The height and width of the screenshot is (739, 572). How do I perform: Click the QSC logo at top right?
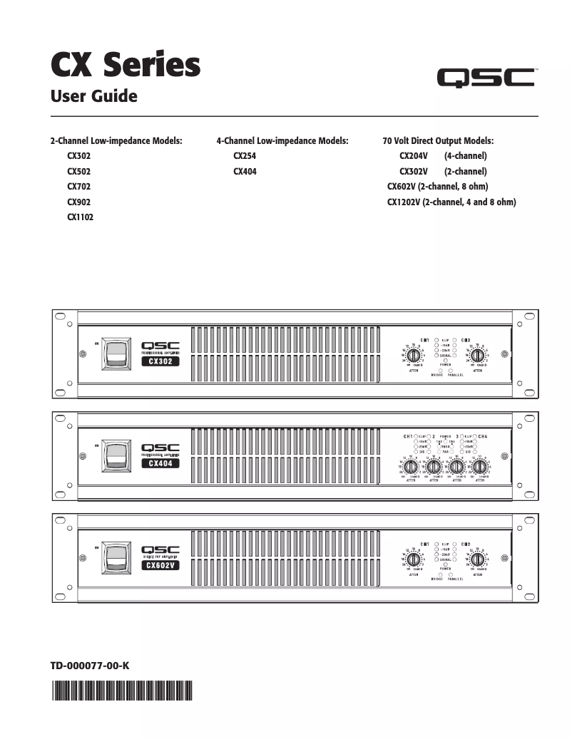click(x=486, y=78)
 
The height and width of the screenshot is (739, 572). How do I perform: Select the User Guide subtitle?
click(x=93, y=95)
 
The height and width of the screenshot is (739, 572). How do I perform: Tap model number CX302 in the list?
click(x=79, y=155)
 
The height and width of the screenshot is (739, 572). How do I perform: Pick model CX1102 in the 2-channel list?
click(x=81, y=217)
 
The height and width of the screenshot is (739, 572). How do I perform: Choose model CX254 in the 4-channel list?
click(x=245, y=155)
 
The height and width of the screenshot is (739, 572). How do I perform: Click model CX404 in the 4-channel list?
click(x=245, y=172)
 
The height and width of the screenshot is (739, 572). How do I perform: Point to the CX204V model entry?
click(x=414, y=155)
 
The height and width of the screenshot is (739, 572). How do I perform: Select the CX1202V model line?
click(x=451, y=202)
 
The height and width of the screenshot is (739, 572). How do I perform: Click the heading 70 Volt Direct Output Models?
click(x=438, y=141)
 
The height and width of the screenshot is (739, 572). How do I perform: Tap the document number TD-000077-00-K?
click(x=90, y=666)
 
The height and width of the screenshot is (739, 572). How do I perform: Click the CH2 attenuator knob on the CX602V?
click(x=477, y=558)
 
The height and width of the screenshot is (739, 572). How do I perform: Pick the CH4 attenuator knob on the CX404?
click(x=479, y=467)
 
